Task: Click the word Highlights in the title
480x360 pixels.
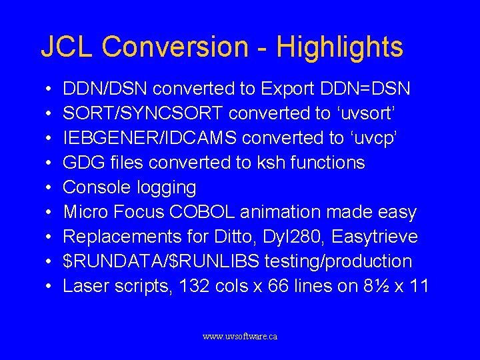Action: coord(339,47)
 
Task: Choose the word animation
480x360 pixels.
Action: coord(280,212)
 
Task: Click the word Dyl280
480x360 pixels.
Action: coord(282,237)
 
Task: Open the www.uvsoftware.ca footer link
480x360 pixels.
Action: coord(240,337)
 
